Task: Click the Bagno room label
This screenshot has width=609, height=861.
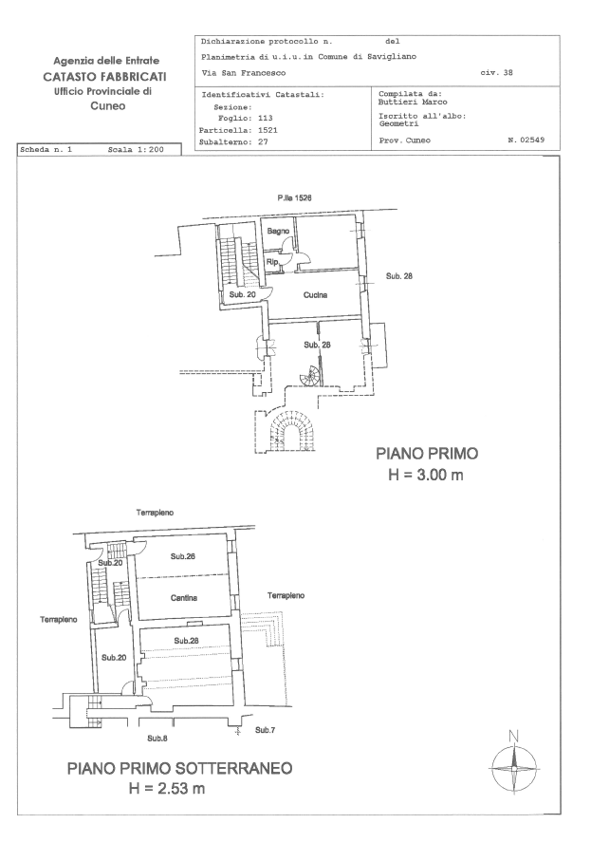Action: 278,232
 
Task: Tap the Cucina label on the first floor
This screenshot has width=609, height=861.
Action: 316,295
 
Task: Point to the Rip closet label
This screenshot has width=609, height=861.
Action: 272,262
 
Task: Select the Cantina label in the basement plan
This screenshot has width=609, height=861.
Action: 184,598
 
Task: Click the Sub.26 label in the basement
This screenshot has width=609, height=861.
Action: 183,556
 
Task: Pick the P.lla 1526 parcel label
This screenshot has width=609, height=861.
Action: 295,197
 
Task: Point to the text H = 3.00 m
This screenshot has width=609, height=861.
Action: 426,475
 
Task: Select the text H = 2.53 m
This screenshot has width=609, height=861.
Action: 167,789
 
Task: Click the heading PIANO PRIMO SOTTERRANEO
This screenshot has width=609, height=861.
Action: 180,768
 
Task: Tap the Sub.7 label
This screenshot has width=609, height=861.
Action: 265,730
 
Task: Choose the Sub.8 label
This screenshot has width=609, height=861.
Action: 157,739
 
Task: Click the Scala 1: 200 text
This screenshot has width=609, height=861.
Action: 136,149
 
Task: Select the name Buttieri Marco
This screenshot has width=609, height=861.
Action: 413,103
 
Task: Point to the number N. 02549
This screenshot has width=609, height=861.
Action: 526,140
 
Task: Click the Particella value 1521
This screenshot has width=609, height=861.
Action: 268,130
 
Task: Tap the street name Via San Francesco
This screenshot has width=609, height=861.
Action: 244,72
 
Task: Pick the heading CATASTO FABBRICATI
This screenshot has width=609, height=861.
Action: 104,77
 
